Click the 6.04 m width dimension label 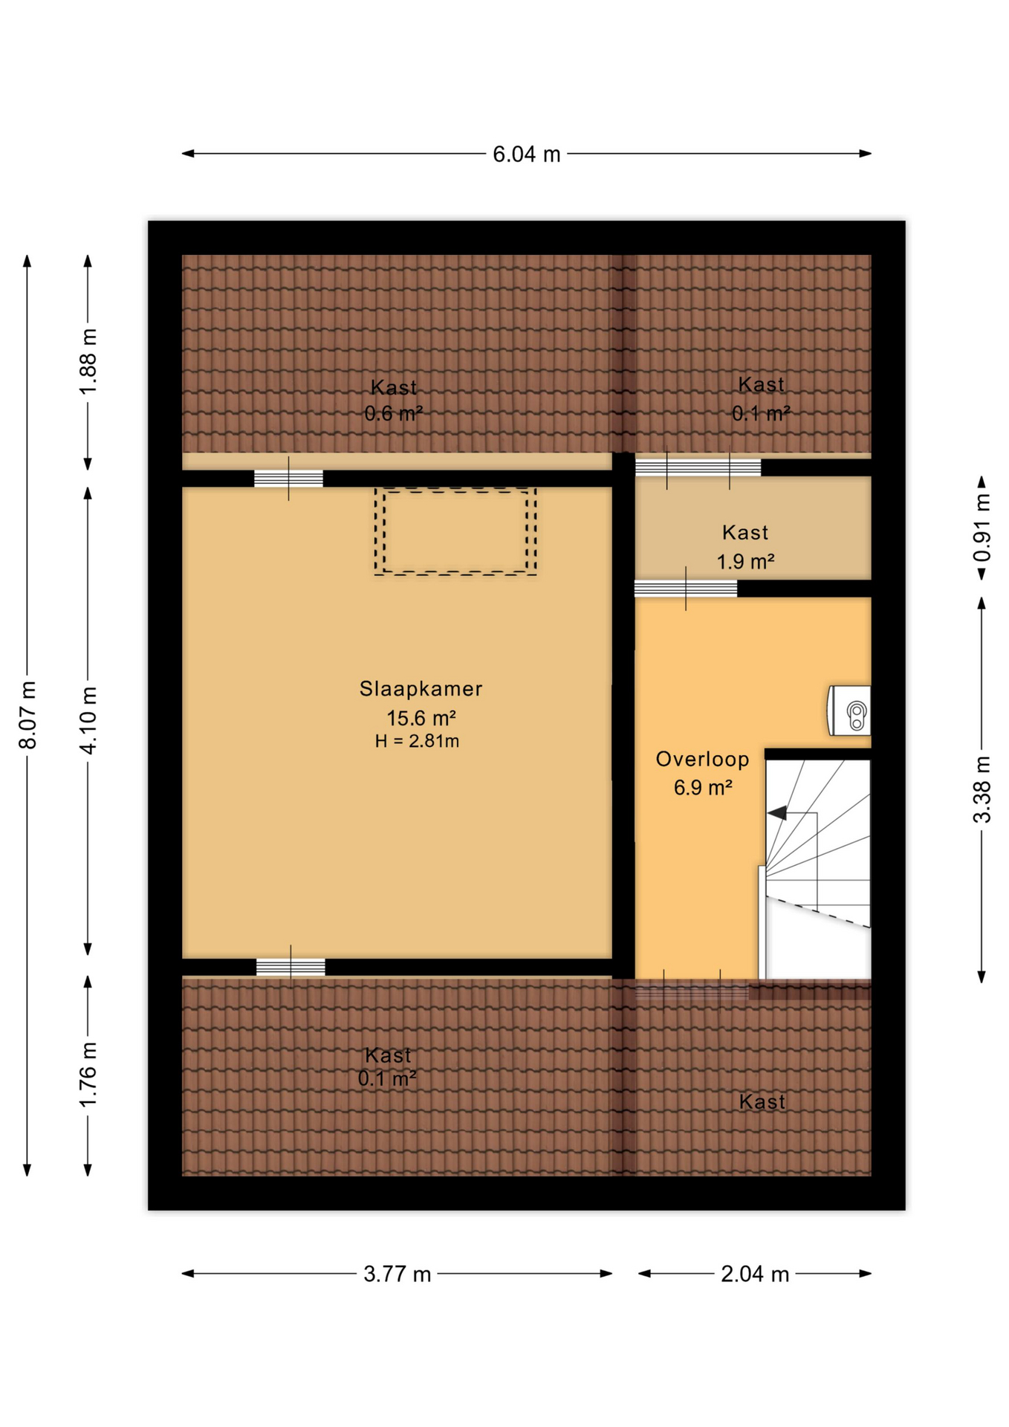[x=526, y=154]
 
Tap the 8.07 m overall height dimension [x=27, y=714]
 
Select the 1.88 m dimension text [x=88, y=362]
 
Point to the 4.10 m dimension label [x=88, y=720]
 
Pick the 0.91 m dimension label [x=982, y=528]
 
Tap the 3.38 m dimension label [x=982, y=789]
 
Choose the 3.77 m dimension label [x=397, y=1274]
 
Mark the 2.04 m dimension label [x=754, y=1274]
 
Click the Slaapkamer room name [x=421, y=689]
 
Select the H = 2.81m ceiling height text [x=417, y=741]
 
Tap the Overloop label [x=702, y=759]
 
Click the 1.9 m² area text [x=745, y=561]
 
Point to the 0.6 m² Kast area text [x=393, y=412]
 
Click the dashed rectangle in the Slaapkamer [x=455, y=489]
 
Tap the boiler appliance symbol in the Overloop [x=849, y=711]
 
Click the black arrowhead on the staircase [x=777, y=813]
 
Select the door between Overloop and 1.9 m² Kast [x=686, y=589]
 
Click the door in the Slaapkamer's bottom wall [x=291, y=967]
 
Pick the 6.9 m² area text [x=703, y=787]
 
